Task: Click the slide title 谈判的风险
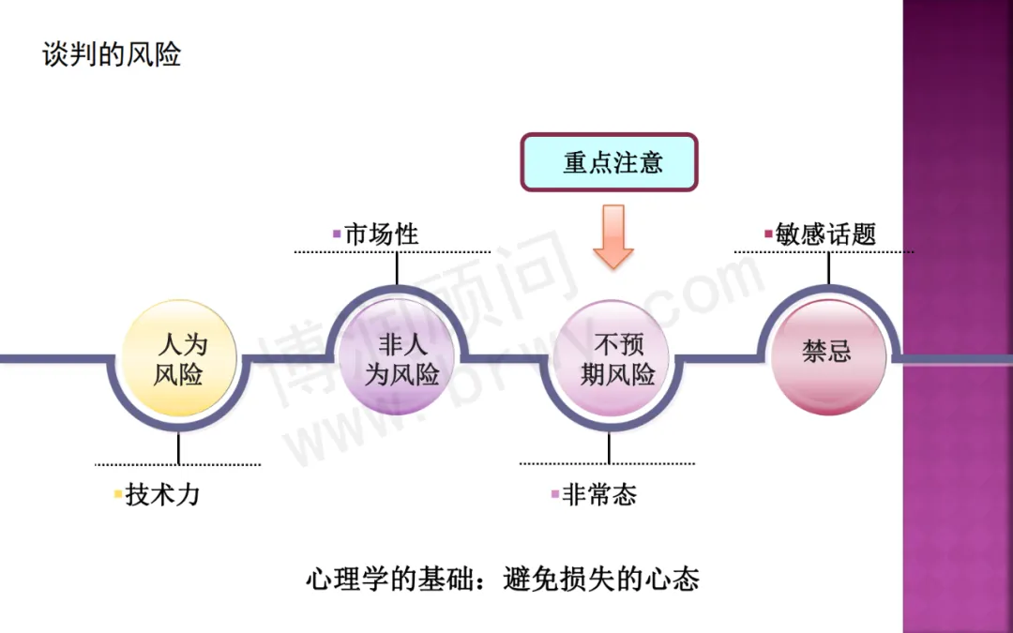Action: click(112, 54)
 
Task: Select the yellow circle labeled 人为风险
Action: click(178, 360)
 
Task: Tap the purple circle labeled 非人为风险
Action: click(397, 360)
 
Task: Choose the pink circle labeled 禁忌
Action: click(827, 353)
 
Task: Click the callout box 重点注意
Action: click(611, 162)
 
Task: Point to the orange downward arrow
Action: click(613, 236)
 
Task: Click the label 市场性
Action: click(381, 234)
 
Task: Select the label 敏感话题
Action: click(825, 234)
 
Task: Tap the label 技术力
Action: click(162, 494)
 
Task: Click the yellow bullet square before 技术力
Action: click(117, 494)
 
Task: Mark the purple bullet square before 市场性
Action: click(338, 234)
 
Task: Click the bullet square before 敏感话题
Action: click(769, 234)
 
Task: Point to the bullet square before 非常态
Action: click(554, 494)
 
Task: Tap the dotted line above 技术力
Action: click(178, 464)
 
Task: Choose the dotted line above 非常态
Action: click(607, 463)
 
